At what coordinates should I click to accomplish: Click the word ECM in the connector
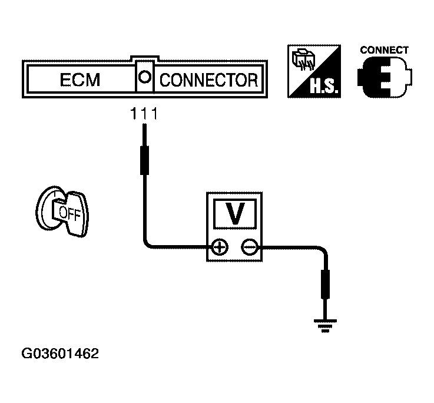[81, 80]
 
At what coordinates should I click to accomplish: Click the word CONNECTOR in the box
[208, 80]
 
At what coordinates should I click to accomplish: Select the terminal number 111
[144, 114]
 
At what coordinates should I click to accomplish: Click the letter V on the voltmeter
[236, 215]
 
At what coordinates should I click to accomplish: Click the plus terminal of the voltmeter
[220, 247]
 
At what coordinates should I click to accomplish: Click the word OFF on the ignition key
[69, 213]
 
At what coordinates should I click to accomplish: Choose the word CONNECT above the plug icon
[384, 50]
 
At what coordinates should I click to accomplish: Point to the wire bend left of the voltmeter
[147, 245]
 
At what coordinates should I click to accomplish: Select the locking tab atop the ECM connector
[144, 60]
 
